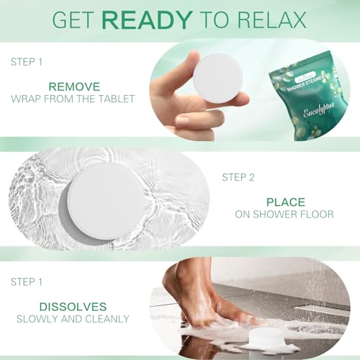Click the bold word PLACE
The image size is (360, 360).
pyautogui.click(x=285, y=202)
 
